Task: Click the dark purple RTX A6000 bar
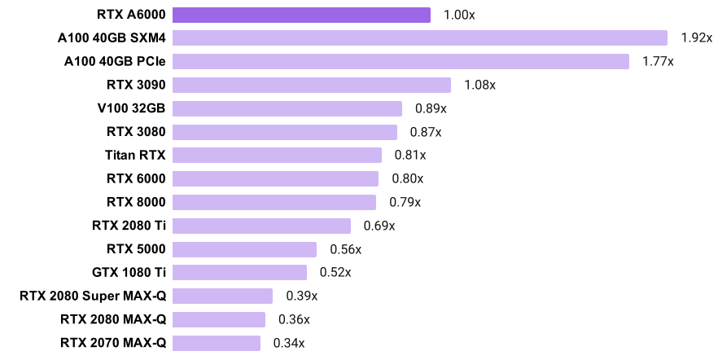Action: point(301,15)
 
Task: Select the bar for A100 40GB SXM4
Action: point(420,38)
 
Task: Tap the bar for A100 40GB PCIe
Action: point(401,62)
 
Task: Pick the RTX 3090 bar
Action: point(312,86)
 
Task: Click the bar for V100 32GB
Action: point(287,109)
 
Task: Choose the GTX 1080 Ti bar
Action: point(240,272)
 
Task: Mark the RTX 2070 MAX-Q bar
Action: point(217,343)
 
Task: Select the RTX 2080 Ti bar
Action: point(261,226)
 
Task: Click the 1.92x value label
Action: point(696,38)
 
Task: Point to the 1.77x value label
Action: point(658,62)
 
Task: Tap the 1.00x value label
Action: point(459,15)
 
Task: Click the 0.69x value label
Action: point(379,226)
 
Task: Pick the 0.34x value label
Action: point(289,343)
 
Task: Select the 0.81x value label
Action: point(410,156)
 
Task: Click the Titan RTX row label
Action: point(135,155)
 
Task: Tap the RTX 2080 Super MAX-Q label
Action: point(93,296)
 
